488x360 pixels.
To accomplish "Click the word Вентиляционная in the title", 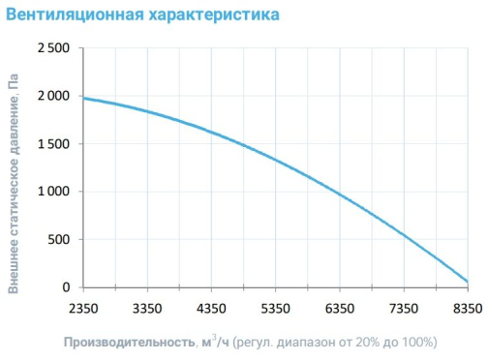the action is (75, 15).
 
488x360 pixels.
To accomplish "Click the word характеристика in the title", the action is (214, 15).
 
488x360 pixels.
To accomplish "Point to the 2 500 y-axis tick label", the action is (53, 48).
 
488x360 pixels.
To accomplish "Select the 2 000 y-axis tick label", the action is (53, 96).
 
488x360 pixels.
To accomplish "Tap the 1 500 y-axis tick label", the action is (53, 144).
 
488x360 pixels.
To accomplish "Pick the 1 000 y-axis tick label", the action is (53, 192).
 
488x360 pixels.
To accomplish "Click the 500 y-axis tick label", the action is (59, 239).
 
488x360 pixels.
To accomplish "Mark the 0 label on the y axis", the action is (66, 287).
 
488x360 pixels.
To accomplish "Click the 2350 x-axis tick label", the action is (83, 309).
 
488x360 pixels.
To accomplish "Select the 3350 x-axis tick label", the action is (147, 309).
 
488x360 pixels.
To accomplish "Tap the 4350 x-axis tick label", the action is (211, 309).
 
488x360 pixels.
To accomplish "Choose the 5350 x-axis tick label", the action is (275, 309).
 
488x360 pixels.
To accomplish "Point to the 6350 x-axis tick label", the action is (340, 309).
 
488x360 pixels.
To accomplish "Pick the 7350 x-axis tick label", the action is (404, 309).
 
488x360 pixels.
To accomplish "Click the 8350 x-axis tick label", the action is (468, 309).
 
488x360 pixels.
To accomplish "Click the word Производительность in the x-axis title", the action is (130, 343).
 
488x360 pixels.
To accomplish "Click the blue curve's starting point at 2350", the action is (83, 98).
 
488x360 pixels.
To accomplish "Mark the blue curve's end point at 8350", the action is (468, 282).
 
